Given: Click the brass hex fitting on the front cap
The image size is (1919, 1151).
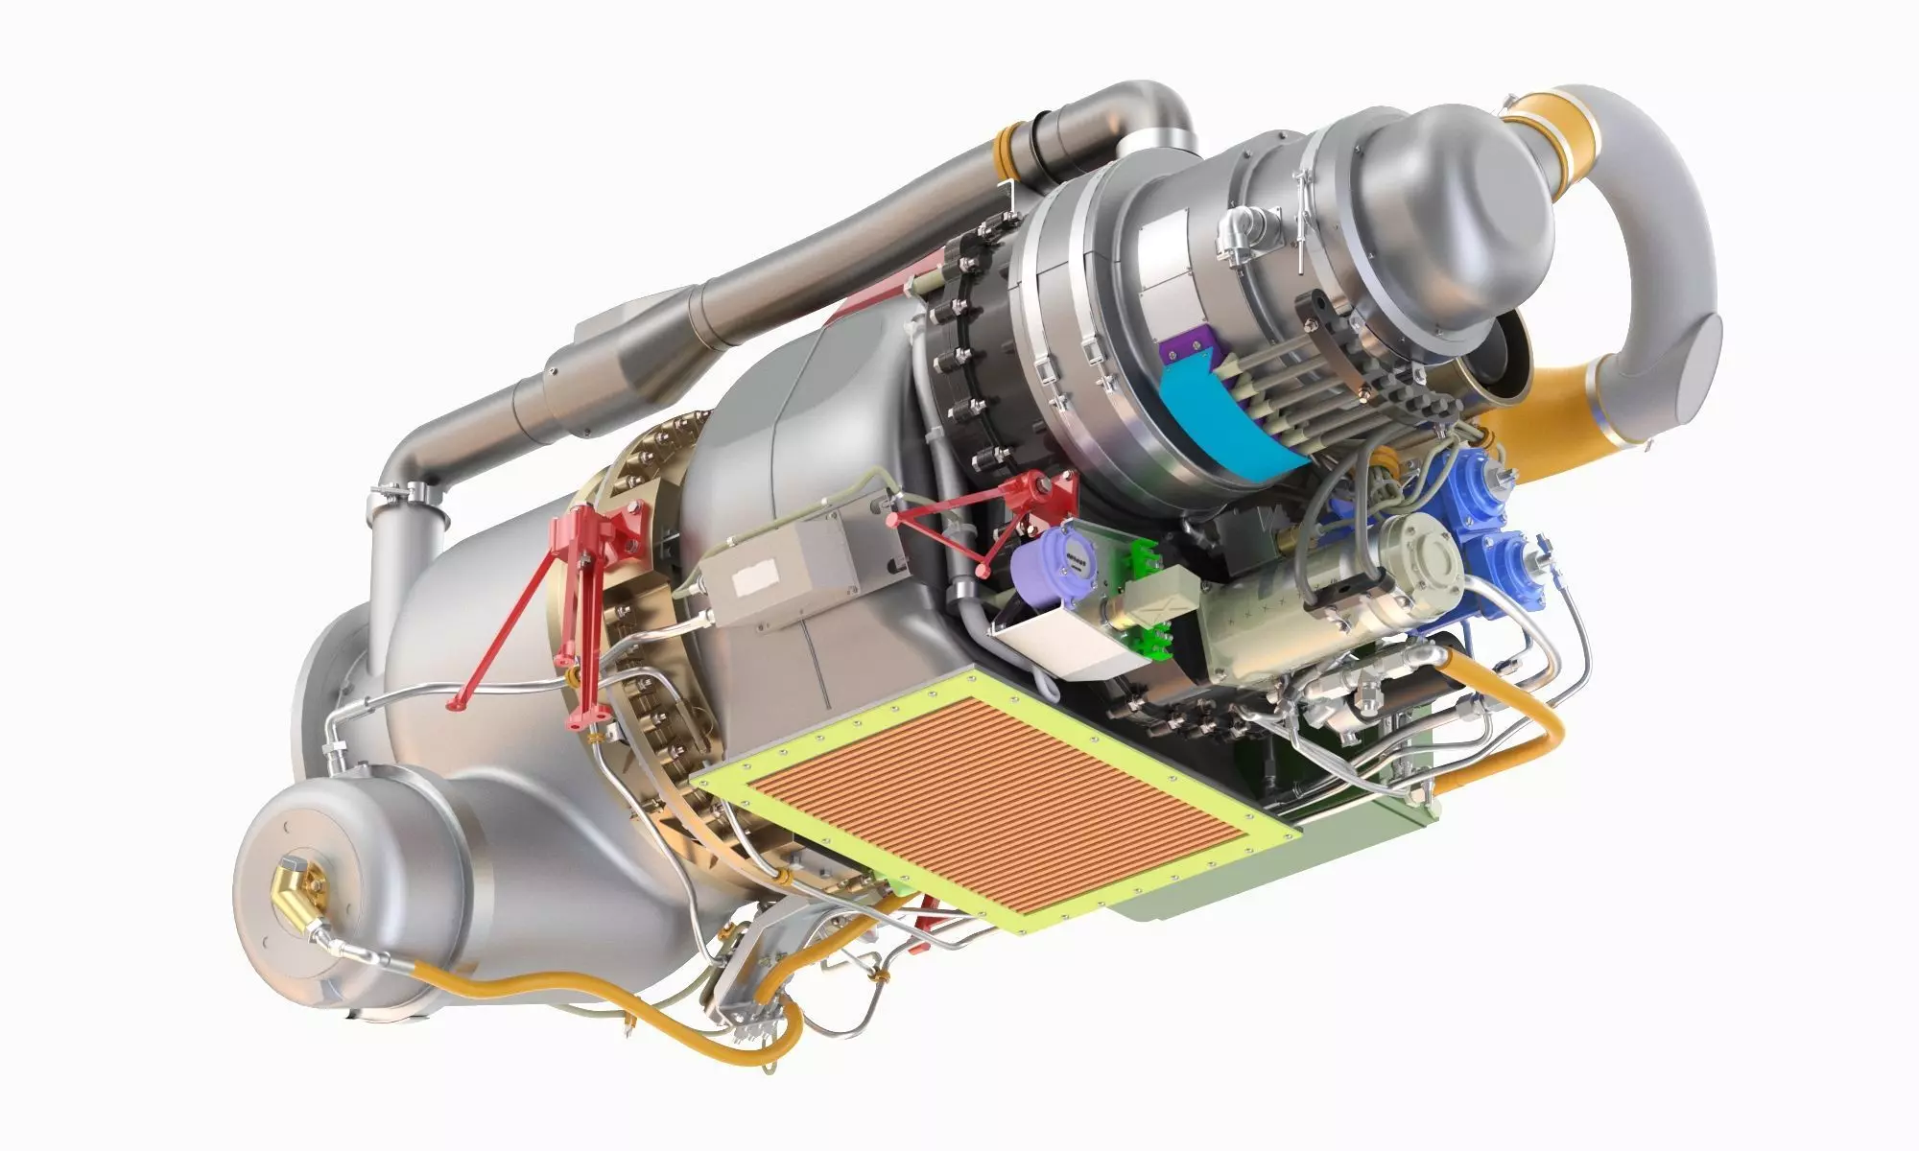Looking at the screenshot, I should pos(292,885).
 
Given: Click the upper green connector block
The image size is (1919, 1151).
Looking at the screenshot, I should pos(1142,556).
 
